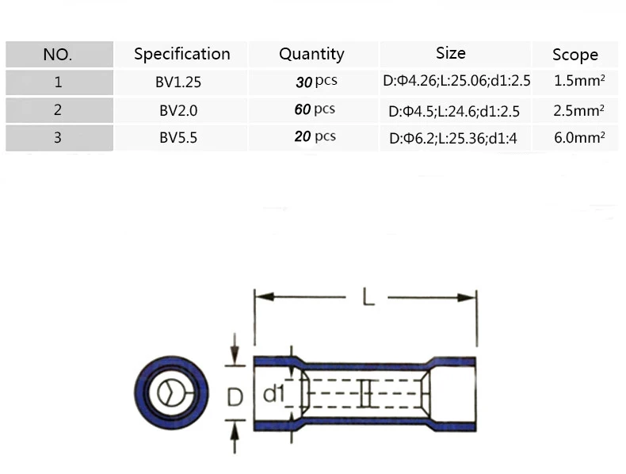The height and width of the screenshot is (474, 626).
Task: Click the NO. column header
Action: [x=58, y=55]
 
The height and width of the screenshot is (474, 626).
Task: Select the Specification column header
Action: [x=182, y=55]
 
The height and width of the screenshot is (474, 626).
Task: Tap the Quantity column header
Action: [x=311, y=55]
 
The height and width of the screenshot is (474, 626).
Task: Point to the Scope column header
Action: [x=575, y=55]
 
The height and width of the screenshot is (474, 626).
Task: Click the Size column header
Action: [x=451, y=53]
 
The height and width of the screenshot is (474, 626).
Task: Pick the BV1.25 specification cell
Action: [x=178, y=82]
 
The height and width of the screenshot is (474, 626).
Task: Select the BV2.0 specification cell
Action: [x=178, y=110]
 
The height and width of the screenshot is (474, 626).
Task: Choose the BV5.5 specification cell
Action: [x=178, y=138]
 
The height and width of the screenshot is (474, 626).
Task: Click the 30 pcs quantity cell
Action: [x=316, y=82]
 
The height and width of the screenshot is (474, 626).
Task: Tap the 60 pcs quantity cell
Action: [x=315, y=109]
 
